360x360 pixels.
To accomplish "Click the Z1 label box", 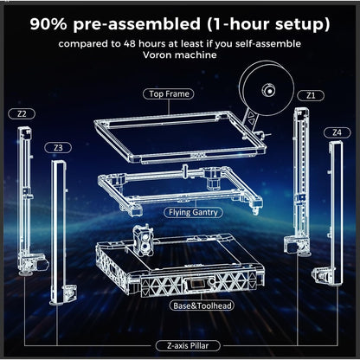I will point(310,94).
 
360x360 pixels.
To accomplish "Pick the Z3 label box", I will point(57,148).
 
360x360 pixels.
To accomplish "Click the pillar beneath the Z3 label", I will point(58,229).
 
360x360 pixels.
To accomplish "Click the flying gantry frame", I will point(177,187).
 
